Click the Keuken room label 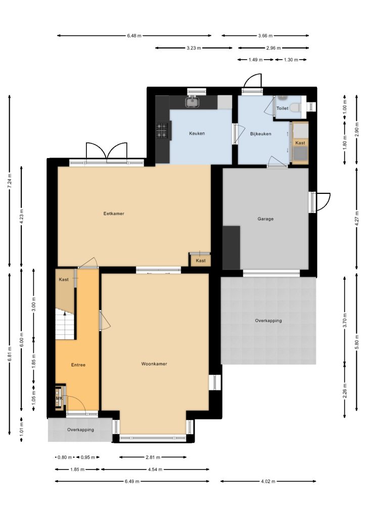(x=197, y=133)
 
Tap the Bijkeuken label (x=261, y=134)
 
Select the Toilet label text (x=282, y=108)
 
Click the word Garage (x=265, y=219)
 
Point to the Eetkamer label (x=114, y=214)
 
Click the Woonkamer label (x=154, y=364)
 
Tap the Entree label (x=78, y=365)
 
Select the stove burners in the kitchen (x=162, y=131)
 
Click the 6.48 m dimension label (x=134, y=36)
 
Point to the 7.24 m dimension (x=10, y=181)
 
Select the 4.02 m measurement (x=268, y=481)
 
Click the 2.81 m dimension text (x=153, y=457)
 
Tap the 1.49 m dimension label (x=255, y=60)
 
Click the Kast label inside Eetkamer (x=201, y=261)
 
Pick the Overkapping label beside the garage (x=268, y=321)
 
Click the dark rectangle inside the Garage (x=232, y=247)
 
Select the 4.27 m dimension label (x=357, y=218)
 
